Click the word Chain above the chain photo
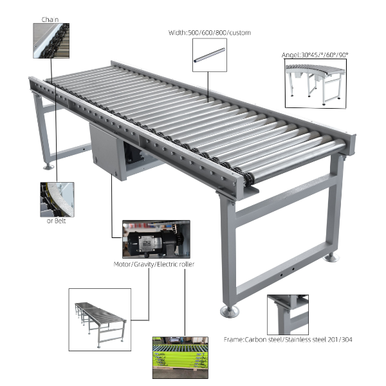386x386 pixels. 50,19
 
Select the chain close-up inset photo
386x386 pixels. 51,41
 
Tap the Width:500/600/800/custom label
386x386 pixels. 210,33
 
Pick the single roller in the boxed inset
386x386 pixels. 210,55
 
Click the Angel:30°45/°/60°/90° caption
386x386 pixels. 315,55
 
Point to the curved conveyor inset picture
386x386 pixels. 316,84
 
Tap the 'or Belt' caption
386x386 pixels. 56,221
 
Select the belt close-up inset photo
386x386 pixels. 57,199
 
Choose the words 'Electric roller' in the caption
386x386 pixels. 176,264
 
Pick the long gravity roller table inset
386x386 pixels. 100,320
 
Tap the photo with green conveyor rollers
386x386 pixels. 180,358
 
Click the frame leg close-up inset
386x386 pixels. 288,315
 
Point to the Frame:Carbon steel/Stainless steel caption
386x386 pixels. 288,340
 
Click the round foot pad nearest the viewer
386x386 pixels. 230,311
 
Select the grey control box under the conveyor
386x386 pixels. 108,151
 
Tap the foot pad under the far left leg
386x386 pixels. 48,167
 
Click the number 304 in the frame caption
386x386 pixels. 347,340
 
